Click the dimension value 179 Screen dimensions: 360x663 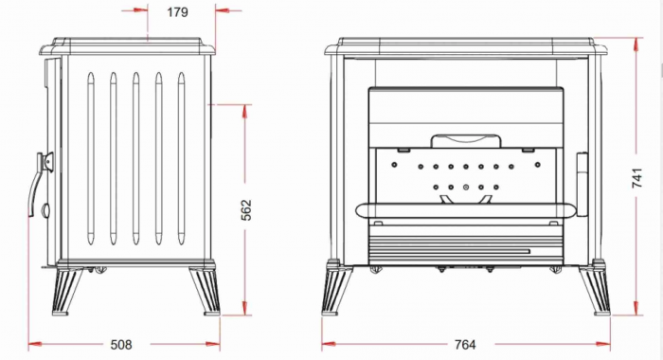(x=177, y=13)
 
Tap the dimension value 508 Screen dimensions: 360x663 (x=120, y=344)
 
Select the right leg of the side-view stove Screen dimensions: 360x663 (x=205, y=289)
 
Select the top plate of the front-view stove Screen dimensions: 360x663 (x=466, y=45)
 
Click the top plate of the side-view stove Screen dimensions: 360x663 (x=131, y=45)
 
